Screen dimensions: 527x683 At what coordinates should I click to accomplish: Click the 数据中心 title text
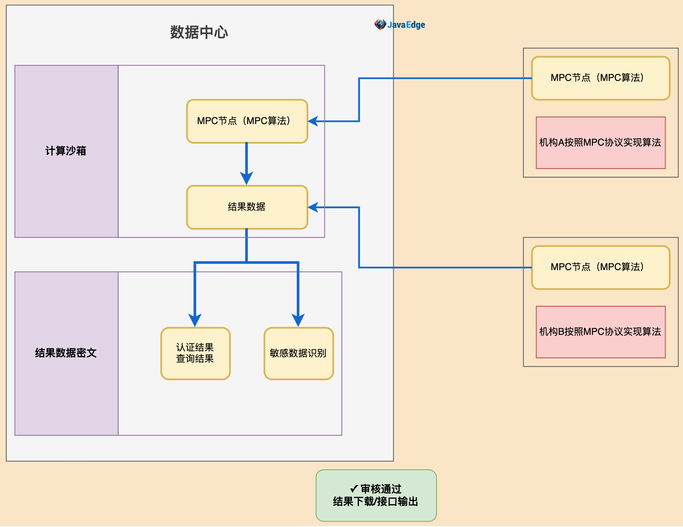pos(199,32)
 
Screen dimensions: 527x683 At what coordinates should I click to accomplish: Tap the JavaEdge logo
pos(400,25)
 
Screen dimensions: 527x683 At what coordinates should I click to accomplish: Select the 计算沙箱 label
pos(66,151)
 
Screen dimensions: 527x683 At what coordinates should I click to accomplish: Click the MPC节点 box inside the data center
pos(247,121)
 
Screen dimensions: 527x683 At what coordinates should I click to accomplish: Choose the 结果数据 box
pos(247,207)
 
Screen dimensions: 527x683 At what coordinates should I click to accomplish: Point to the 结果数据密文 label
pos(66,353)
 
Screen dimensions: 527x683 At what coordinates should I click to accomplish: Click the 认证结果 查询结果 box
pos(195,353)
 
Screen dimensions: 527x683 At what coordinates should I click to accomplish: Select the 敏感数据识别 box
pos(298,353)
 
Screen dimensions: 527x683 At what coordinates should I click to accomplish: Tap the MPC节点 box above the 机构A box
pos(600,78)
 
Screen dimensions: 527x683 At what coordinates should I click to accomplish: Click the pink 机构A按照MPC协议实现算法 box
pos(600,143)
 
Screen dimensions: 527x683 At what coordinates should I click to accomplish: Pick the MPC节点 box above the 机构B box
pos(600,267)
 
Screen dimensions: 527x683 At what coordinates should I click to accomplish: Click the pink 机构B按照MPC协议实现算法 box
pos(600,332)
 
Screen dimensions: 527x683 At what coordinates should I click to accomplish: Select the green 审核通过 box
pos(376,495)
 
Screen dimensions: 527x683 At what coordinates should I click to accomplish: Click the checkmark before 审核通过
pos(354,489)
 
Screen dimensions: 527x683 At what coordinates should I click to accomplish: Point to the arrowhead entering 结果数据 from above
pos(246,178)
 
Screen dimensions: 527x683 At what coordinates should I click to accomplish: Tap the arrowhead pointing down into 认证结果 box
pos(195,320)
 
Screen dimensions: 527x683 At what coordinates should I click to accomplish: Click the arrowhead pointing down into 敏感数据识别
pos(298,320)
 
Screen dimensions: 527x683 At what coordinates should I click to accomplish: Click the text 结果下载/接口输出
pos(376,502)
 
